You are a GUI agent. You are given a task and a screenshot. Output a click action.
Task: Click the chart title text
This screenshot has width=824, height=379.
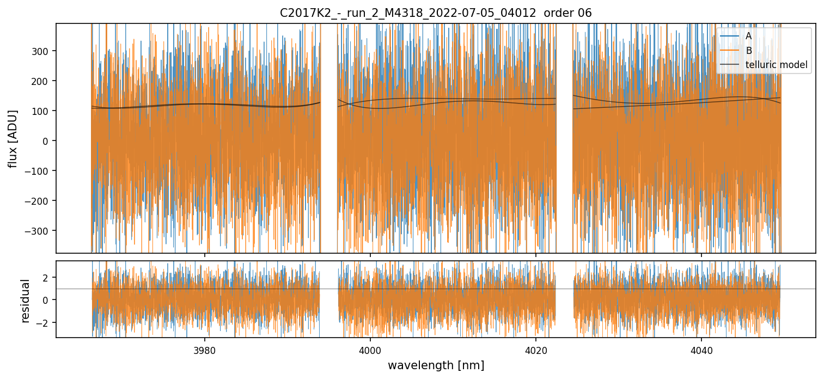[x=436, y=13]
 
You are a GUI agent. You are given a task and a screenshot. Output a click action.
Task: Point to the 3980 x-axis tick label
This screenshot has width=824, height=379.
[x=205, y=350]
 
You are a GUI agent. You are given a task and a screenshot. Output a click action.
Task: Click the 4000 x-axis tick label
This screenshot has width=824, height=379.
[x=370, y=350]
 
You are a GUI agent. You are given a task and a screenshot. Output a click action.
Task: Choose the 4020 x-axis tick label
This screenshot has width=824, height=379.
[x=536, y=350]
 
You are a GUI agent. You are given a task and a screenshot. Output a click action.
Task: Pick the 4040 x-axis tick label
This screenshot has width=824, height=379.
[x=701, y=350]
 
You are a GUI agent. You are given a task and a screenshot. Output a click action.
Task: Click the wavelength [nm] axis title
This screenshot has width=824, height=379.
[x=436, y=365]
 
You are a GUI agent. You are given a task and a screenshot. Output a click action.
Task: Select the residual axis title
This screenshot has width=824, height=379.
[x=25, y=301]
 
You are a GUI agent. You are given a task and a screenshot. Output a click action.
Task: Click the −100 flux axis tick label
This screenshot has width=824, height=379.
[x=40, y=171]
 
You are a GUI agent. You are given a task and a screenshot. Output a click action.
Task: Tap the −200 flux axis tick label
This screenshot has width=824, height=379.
[x=40, y=201]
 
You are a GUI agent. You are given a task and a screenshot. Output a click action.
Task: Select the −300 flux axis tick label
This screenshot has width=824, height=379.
[x=40, y=231]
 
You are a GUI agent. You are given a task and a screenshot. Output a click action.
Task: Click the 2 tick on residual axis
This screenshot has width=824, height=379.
[x=46, y=278]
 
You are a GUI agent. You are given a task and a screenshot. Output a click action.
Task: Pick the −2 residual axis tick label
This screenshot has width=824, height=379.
[x=43, y=322]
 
